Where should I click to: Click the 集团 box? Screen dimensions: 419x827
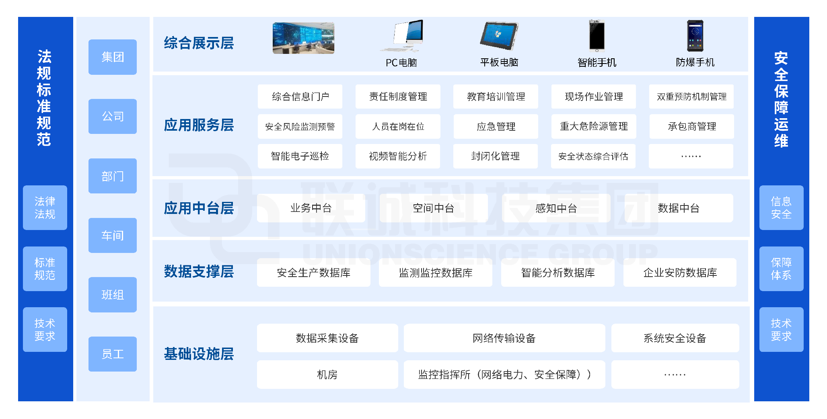[113, 57]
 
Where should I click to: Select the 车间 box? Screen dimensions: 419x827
[113, 235]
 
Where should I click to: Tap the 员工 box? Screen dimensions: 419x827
[113, 354]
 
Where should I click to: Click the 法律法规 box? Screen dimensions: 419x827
[45, 207]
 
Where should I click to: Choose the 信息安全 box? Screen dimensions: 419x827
[781, 207]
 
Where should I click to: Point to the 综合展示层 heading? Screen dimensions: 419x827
[199, 43]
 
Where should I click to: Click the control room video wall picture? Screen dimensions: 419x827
[303, 38]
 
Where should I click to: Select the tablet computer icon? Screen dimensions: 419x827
[499, 36]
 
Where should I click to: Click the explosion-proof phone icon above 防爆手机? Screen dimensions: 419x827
[695, 36]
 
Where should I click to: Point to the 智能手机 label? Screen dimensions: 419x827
[597, 63]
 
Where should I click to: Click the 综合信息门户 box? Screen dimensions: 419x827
[300, 97]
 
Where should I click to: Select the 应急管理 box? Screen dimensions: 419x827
[496, 127]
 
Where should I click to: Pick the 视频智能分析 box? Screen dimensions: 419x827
[398, 156]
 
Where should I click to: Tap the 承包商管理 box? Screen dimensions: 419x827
[692, 127]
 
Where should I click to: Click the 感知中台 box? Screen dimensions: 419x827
[556, 208]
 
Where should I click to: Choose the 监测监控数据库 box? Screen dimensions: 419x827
[436, 273]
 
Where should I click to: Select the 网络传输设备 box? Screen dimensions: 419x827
[504, 338]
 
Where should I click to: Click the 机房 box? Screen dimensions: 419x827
[327, 375]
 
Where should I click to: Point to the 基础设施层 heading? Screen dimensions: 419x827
[199, 354]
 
